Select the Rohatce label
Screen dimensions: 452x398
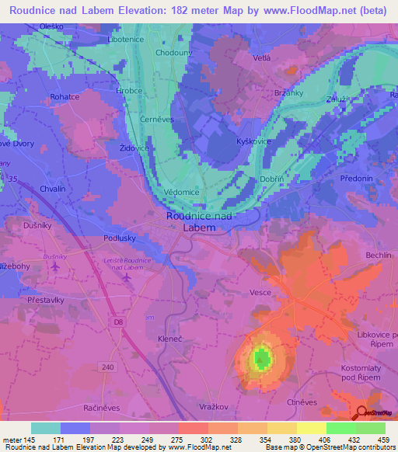point(66,97)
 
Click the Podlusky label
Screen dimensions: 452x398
point(121,239)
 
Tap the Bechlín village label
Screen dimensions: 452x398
point(379,255)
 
